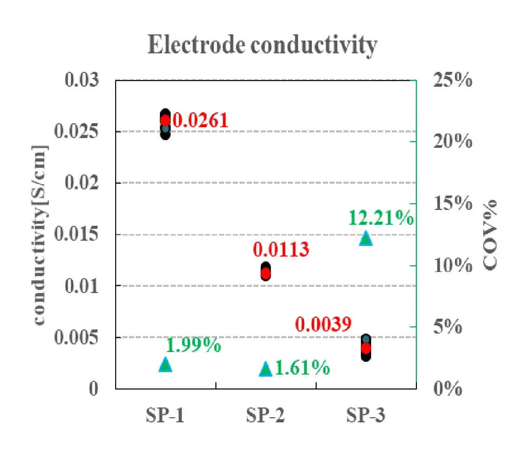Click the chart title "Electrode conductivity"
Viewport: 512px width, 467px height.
tap(262, 45)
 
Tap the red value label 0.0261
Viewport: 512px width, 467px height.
tap(200, 121)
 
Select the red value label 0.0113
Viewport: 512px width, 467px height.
tap(281, 250)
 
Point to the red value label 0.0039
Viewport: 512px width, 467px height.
tap(323, 324)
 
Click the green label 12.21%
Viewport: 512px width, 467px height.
tap(381, 218)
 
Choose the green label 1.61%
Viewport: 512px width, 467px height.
tap(302, 368)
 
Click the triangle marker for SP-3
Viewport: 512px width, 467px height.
tap(365, 238)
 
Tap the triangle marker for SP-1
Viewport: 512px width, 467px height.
tap(165, 364)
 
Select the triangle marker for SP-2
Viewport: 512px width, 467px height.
tap(265, 369)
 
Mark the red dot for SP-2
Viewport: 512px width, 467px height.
tap(265, 273)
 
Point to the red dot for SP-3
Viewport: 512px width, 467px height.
tap(365, 348)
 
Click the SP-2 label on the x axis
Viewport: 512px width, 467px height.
tap(265, 415)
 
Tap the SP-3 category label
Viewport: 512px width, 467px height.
tap(365, 415)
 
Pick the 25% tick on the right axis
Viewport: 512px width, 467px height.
tap(452, 81)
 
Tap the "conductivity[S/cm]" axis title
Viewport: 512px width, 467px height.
tap(40, 235)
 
